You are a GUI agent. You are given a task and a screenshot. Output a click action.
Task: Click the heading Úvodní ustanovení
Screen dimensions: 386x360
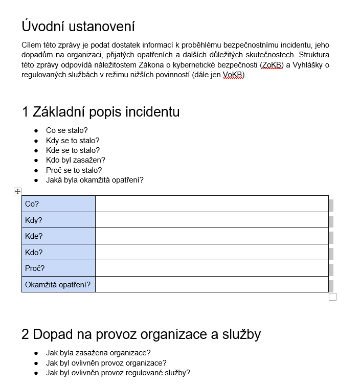pyautogui.click(x=78, y=26)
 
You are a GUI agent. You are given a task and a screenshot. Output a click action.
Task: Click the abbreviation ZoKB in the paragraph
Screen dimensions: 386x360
pyautogui.click(x=272, y=64)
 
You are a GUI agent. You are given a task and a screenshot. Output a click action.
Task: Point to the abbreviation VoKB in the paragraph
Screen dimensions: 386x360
pyautogui.click(x=233, y=74)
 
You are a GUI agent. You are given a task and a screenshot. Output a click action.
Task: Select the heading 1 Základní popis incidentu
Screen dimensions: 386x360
pyautogui.click(x=101, y=111)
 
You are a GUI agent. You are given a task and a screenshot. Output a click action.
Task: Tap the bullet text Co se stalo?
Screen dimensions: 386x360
pyautogui.click(x=67, y=130)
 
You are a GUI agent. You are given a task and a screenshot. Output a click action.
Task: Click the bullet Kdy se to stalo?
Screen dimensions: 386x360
pyautogui.click(x=73, y=141)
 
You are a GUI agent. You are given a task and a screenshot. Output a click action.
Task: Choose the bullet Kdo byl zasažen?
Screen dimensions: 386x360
pyautogui.click(x=75, y=160)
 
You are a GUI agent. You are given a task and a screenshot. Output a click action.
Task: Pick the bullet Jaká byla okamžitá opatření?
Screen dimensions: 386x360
pyautogui.click(x=95, y=180)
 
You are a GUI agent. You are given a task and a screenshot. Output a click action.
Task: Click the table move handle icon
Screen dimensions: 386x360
pyautogui.click(x=17, y=191)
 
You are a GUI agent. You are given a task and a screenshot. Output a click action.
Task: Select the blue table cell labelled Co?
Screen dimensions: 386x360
pyautogui.click(x=58, y=204)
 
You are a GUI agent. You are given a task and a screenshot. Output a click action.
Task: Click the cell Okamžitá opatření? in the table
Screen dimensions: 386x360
pyautogui.click(x=58, y=284)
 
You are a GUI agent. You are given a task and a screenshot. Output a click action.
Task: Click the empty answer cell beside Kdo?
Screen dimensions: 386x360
pyautogui.click(x=212, y=252)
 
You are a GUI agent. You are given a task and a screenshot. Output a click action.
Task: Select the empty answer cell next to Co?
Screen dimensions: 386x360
pyautogui.click(x=212, y=204)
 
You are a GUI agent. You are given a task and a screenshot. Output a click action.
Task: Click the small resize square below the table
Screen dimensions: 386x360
pyautogui.click(x=332, y=297)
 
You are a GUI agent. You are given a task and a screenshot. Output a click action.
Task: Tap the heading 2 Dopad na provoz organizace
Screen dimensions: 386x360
pyautogui.click(x=141, y=334)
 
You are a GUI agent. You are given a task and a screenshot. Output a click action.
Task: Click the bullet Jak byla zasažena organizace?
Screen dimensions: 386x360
pyautogui.click(x=98, y=353)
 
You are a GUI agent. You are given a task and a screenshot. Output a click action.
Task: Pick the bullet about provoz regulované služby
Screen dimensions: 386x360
pyautogui.click(x=118, y=373)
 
